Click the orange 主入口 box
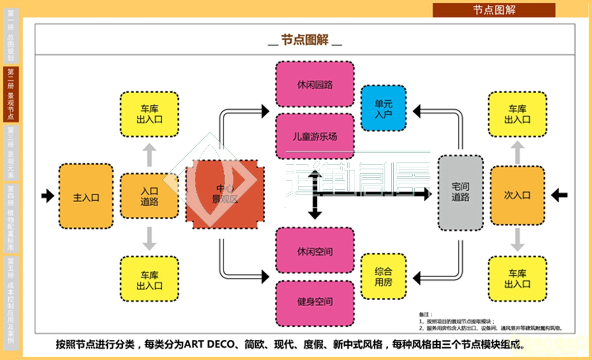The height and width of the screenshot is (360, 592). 86,197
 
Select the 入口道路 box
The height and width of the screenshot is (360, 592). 149,196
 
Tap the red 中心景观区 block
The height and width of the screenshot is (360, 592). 225,194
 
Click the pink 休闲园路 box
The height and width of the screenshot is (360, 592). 315,84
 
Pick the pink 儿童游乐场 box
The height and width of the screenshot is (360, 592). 315,136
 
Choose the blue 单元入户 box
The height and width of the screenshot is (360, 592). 383,109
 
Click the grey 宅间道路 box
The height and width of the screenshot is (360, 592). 460,192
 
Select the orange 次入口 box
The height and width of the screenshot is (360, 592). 517,196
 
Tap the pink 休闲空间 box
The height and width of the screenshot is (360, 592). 315,251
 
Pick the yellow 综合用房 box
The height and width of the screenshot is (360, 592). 383,276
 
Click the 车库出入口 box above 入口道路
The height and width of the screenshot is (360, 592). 149,114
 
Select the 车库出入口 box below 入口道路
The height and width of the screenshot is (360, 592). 149,279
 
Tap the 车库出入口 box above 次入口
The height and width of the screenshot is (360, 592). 517,114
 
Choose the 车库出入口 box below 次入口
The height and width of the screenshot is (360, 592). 517,279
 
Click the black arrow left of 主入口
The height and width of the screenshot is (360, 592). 48,196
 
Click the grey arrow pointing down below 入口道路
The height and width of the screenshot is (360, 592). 149,239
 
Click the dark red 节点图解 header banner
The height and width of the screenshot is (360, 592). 494,10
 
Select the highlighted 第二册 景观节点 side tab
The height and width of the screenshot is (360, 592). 11,95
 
